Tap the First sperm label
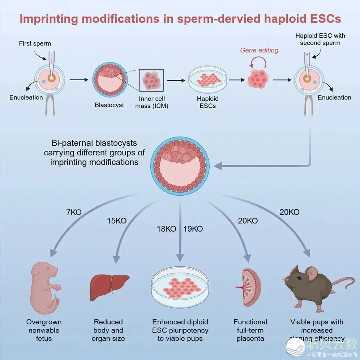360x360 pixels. [35, 44]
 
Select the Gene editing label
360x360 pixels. [259, 50]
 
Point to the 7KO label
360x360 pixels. [74, 213]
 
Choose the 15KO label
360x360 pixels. [117, 220]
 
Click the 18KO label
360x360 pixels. [166, 229]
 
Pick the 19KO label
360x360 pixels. [193, 229]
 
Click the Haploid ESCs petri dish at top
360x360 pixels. [208, 78]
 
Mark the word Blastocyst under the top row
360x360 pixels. [109, 105]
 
